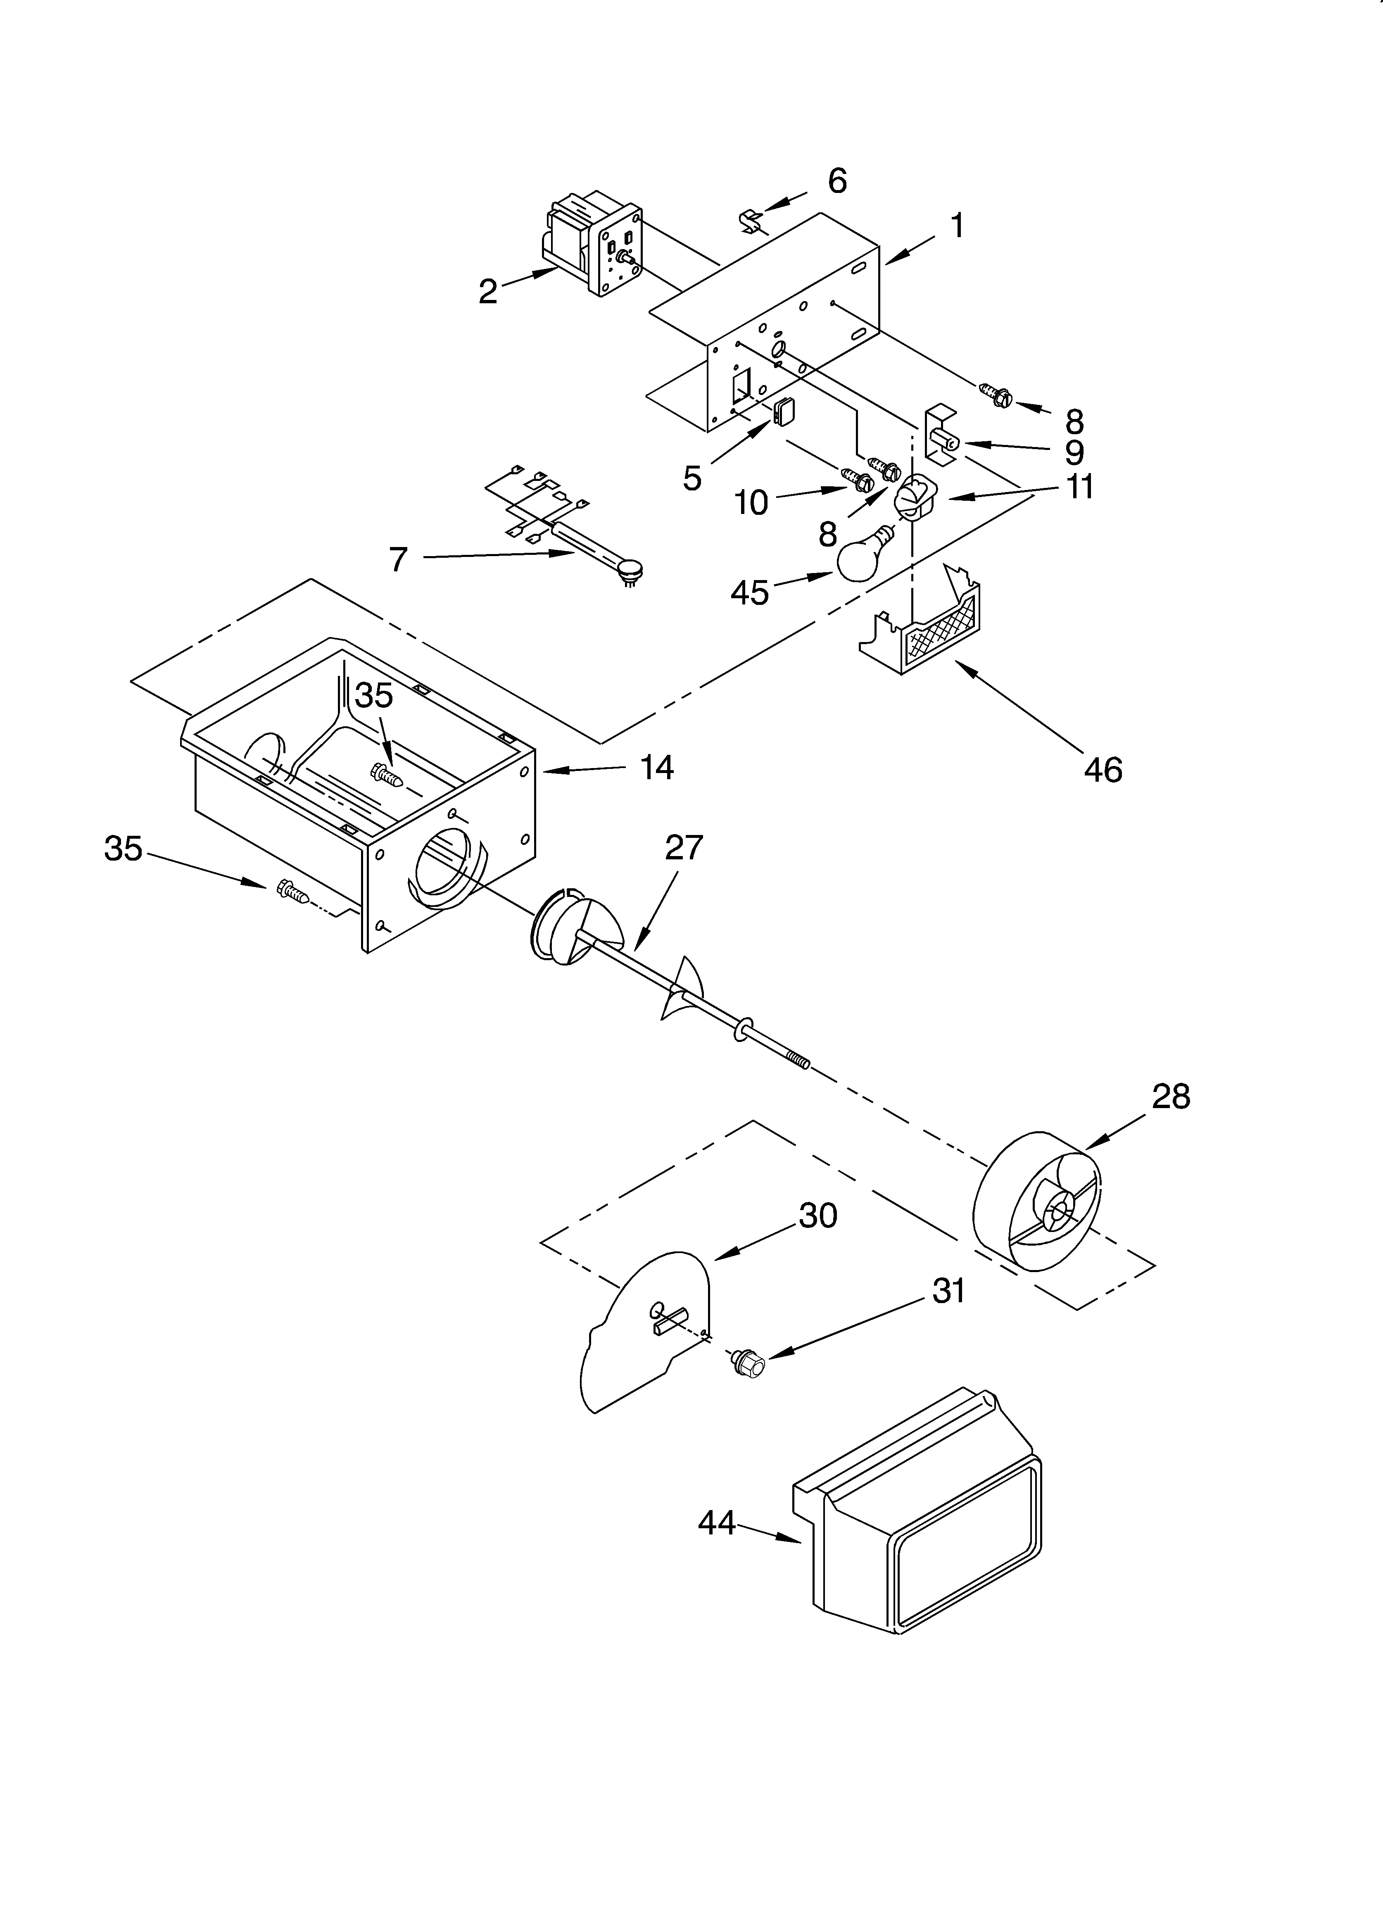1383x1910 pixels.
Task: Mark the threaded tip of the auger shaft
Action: coord(796,1058)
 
